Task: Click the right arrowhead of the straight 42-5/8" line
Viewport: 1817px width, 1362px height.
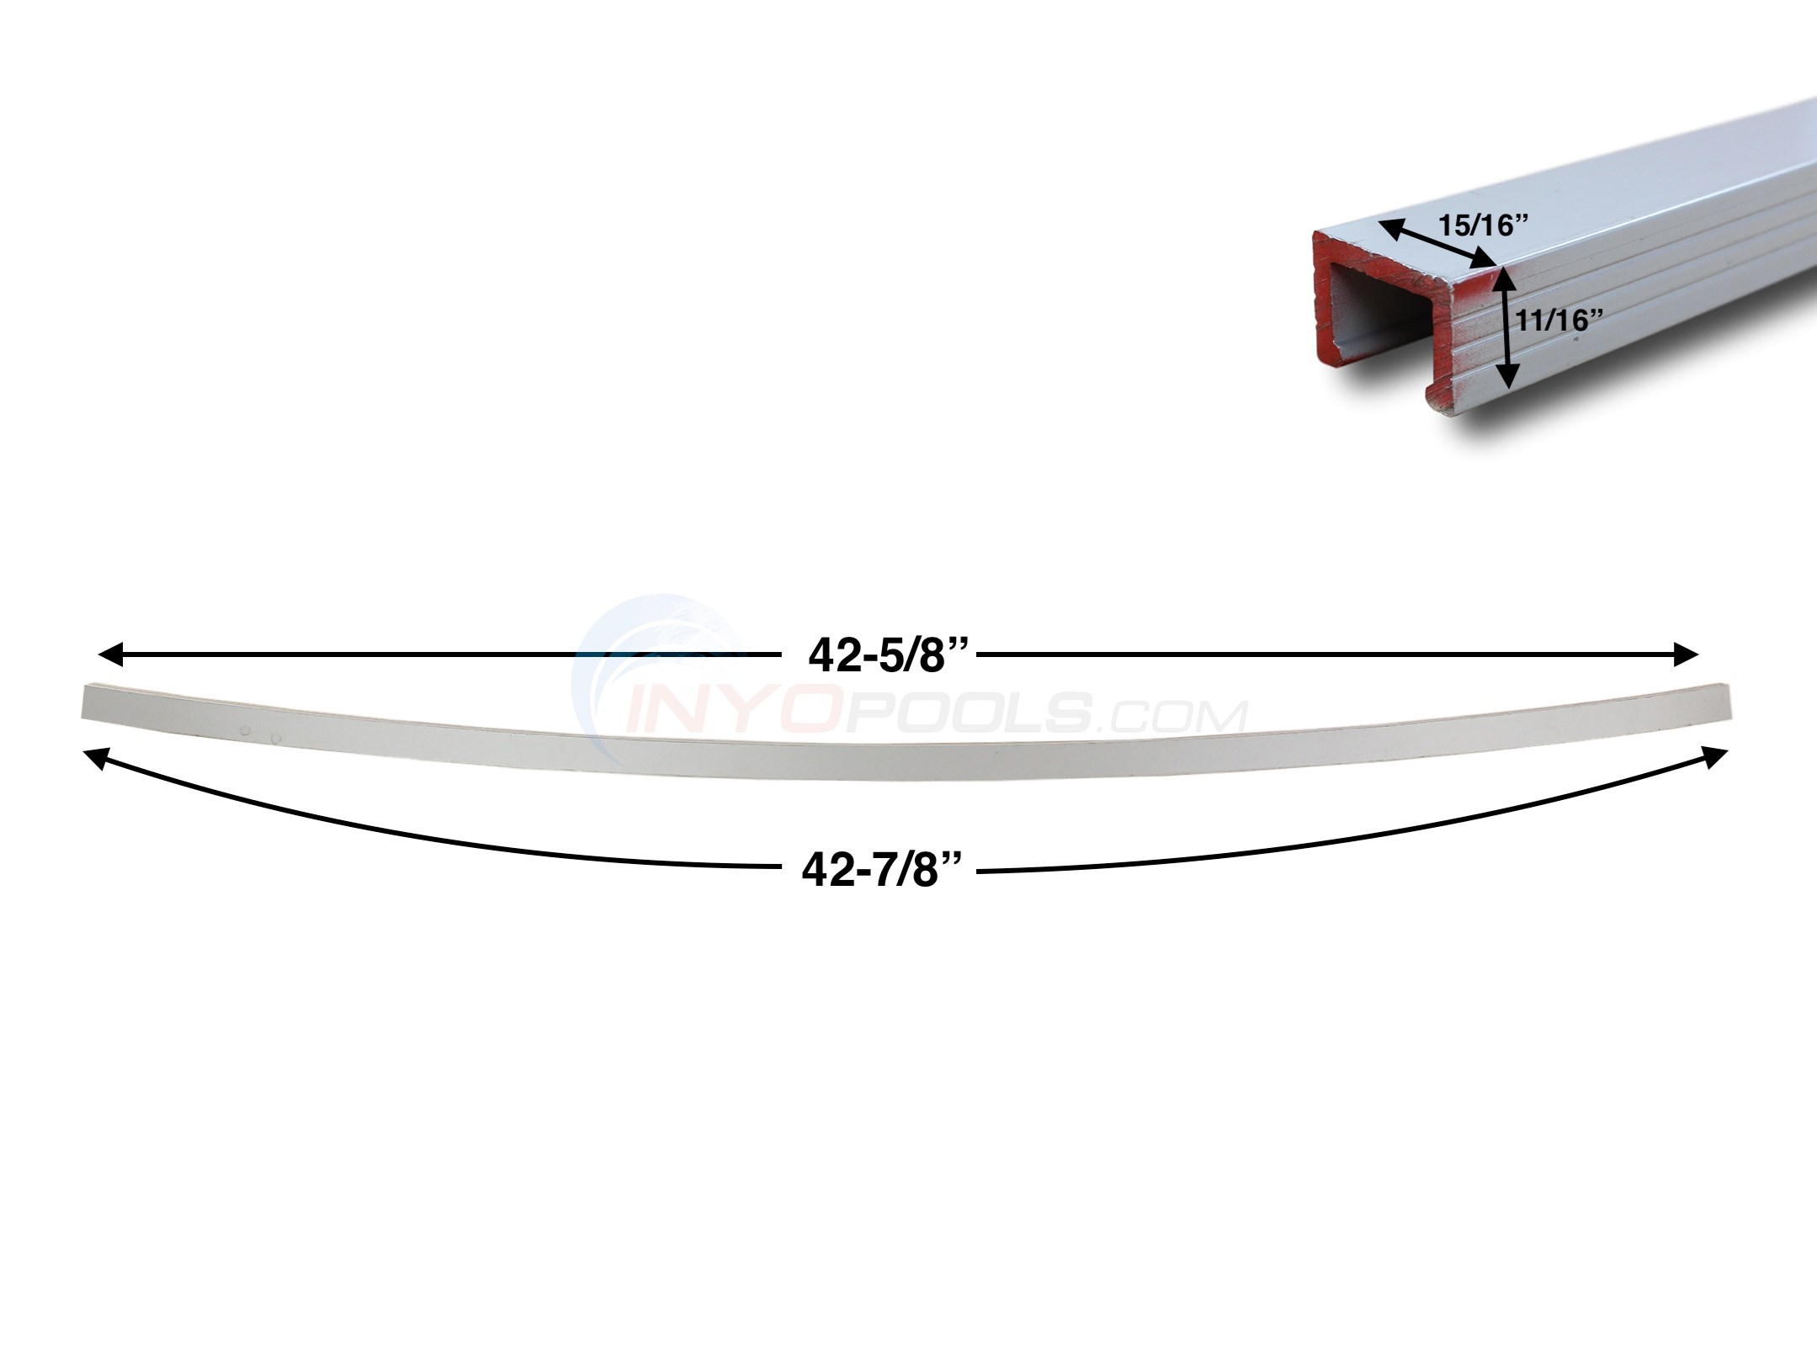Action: point(1687,654)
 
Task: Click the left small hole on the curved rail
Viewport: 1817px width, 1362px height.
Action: point(245,732)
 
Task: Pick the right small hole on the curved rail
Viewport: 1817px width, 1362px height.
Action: point(276,738)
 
